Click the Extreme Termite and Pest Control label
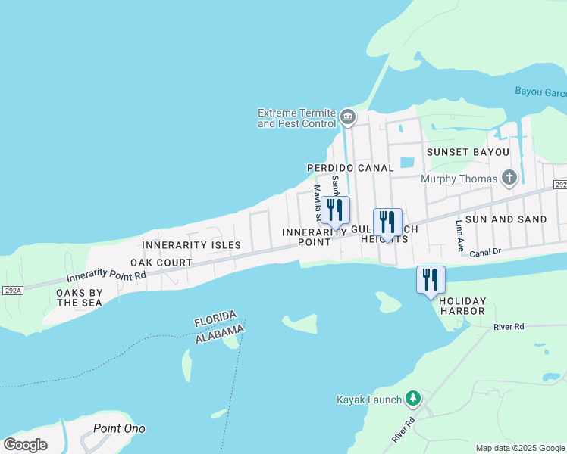(296, 118)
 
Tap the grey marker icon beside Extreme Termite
(348, 116)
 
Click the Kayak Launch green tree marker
(412, 398)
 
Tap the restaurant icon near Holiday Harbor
(431, 279)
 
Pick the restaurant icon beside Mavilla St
(335, 210)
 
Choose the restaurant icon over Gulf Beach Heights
(387, 222)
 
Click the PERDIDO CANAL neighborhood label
(350, 168)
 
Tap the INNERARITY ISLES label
(191, 245)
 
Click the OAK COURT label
(161, 263)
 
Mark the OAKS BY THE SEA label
(80, 297)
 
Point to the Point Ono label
(119, 428)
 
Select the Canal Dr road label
(487, 253)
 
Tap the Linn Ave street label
(459, 236)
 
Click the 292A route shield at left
(11, 289)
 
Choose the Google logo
(26, 445)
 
